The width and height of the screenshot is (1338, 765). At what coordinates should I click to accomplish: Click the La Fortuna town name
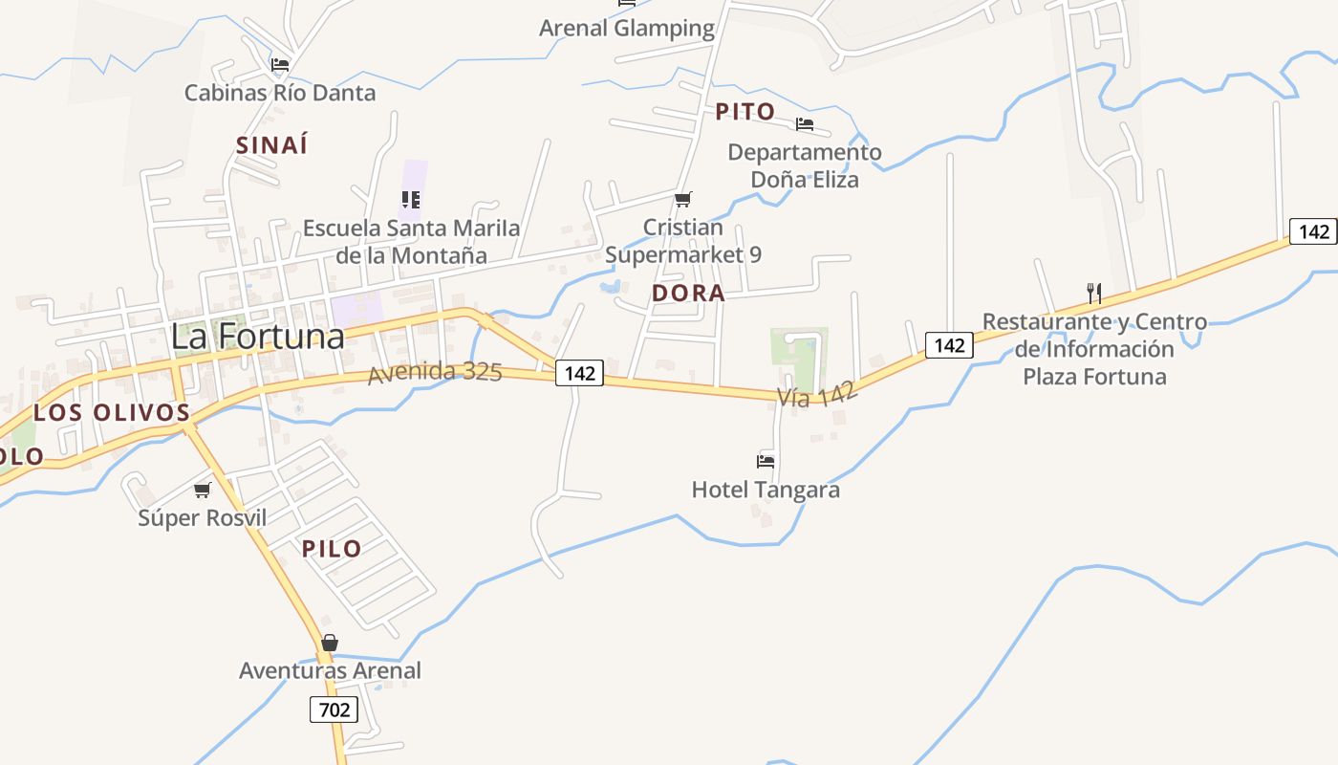point(257,337)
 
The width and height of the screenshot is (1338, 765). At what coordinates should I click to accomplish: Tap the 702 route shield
point(334,710)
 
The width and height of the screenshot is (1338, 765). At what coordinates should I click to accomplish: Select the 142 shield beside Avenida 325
point(580,373)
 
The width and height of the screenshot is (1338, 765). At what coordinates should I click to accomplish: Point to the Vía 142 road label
point(817,393)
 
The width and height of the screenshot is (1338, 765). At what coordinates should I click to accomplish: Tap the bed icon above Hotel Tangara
point(766,461)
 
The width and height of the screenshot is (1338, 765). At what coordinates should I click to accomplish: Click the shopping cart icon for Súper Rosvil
point(202,490)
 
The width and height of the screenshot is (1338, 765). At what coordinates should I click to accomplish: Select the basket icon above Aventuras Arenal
point(330,643)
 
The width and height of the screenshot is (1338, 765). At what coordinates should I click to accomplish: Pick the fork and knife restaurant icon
point(1094,293)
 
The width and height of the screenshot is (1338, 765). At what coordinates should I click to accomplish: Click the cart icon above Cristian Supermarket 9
point(682,199)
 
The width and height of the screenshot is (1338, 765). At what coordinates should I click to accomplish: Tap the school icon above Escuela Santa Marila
point(411,200)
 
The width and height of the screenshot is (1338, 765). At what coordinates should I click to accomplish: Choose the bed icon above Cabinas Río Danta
point(279,65)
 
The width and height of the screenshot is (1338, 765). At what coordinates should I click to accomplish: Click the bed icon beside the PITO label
point(805,123)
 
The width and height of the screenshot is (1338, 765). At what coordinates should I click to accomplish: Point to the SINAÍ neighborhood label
point(272,145)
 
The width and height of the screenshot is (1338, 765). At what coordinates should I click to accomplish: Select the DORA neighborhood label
point(688,294)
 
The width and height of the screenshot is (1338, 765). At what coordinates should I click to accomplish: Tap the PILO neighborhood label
point(332,549)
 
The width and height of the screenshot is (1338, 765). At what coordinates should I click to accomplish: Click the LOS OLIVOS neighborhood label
point(112,413)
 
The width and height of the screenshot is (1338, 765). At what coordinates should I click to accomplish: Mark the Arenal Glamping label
point(627,29)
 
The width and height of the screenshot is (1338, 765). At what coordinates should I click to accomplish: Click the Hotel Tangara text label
point(766,491)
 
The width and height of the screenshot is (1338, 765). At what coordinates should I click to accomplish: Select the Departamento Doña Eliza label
point(805,165)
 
